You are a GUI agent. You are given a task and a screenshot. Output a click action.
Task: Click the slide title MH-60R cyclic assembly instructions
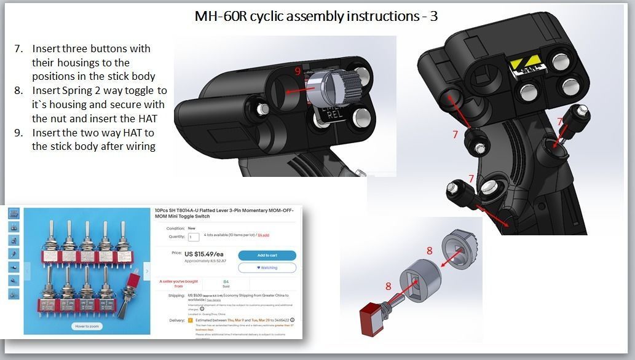point(316,16)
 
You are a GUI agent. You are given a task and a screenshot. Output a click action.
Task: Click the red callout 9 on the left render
point(298,72)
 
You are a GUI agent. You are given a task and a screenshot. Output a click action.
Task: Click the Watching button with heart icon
point(267,267)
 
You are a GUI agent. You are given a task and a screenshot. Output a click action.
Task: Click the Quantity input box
point(194,237)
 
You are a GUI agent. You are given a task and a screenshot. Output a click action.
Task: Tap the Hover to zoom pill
point(86,326)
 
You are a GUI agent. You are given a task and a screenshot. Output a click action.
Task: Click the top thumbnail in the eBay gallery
point(13,213)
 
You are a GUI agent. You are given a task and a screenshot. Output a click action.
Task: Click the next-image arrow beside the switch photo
point(146,271)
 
